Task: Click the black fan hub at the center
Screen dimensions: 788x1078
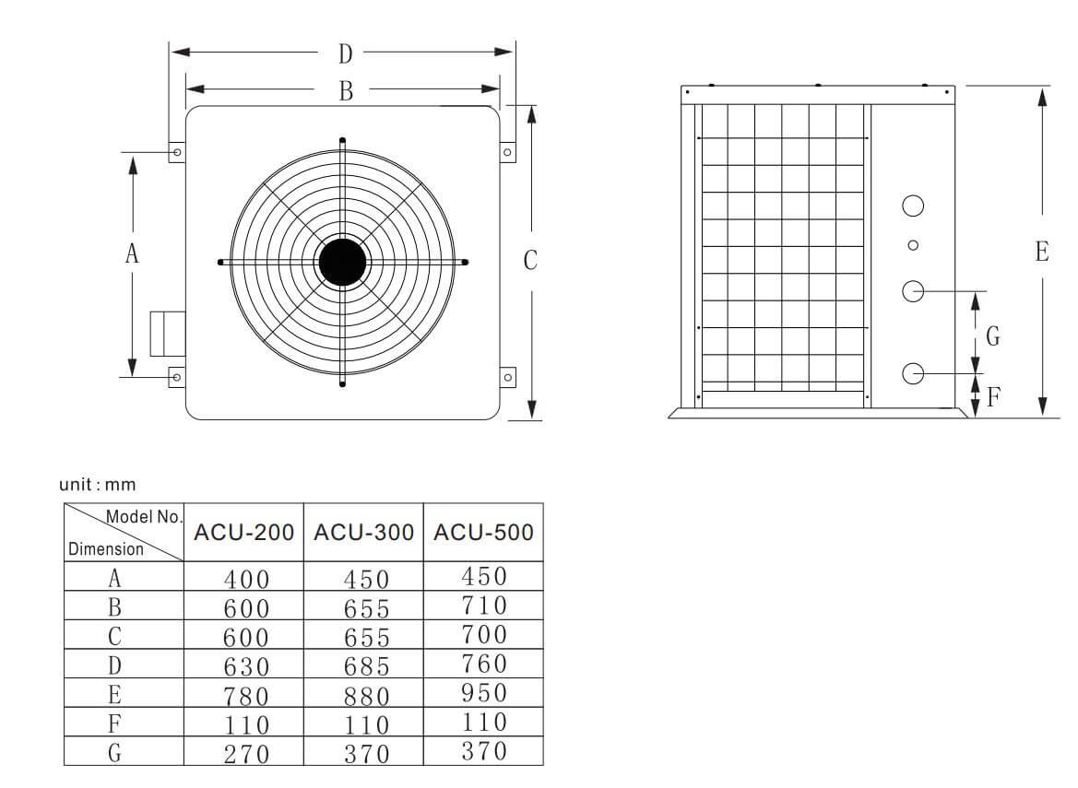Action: tap(342, 263)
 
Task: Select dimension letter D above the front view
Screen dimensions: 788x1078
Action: tap(345, 54)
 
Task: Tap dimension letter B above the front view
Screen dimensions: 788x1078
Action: tap(346, 90)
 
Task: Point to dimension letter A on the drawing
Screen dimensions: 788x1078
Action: tap(133, 253)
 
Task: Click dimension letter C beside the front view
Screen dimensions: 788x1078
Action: tap(530, 261)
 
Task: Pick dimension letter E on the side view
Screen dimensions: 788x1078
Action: tap(1041, 252)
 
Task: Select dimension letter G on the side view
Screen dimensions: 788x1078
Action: tap(992, 336)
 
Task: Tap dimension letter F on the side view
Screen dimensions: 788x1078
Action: tap(993, 398)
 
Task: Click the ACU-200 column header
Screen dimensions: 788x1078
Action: tap(243, 533)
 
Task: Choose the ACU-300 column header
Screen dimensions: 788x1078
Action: tap(363, 533)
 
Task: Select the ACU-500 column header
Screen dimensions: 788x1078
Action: tap(483, 533)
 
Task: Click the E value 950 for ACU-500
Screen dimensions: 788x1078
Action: tap(483, 693)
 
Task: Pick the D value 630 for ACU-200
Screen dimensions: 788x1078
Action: tap(245, 665)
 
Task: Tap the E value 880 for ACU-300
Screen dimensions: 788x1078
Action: tap(365, 695)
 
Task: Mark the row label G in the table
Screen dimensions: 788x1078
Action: tap(114, 752)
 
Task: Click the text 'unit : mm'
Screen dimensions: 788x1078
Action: tap(97, 484)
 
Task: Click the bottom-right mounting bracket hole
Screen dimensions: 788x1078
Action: tap(506, 377)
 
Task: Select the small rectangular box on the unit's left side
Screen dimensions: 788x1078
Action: tap(167, 334)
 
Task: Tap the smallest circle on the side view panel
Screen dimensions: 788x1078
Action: tap(913, 245)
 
